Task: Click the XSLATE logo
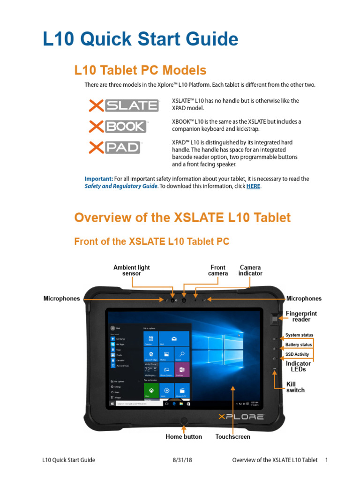pyautogui.click(x=123, y=105)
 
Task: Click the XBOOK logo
pyautogui.click(x=118, y=127)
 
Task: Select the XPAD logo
pyautogui.click(x=115, y=148)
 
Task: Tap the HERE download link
pyautogui.click(x=253, y=186)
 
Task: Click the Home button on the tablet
pyautogui.click(x=184, y=420)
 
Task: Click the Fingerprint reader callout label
pyautogui.click(x=301, y=316)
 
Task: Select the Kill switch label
pyautogui.click(x=295, y=387)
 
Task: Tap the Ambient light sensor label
pyautogui.click(x=132, y=270)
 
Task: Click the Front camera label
pyautogui.click(x=218, y=270)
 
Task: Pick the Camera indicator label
pyautogui.click(x=250, y=270)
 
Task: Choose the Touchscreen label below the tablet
pyautogui.click(x=232, y=436)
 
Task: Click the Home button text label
pyautogui.click(x=184, y=436)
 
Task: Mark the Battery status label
pyautogui.click(x=299, y=345)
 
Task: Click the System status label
pyautogui.click(x=299, y=336)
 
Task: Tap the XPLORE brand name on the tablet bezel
pyautogui.click(x=241, y=416)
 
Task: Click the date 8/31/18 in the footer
pyautogui.click(x=182, y=460)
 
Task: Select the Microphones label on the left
pyautogui.click(x=62, y=299)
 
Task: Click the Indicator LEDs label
pyautogui.click(x=298, y=366)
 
